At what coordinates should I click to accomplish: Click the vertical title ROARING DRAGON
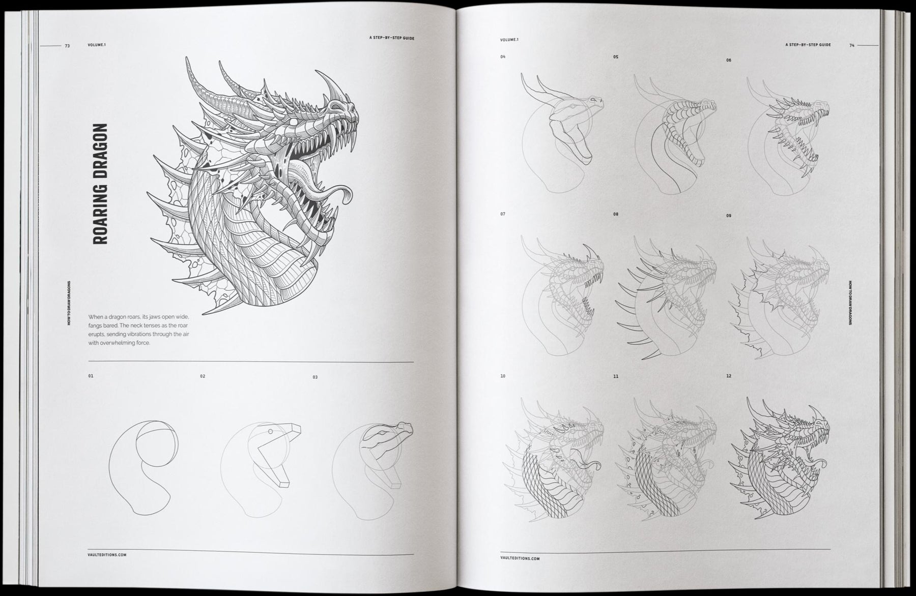tap(101, 184)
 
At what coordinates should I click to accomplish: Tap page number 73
tap(67, 45)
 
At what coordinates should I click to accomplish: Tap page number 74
tap(851, 45)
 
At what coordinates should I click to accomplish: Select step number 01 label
tap(91, 376)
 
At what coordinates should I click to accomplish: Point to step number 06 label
tap(729, 60)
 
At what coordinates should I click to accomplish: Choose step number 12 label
tap(729, 376)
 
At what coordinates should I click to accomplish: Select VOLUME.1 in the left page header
tap(96, 45)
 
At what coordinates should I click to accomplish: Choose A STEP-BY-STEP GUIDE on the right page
tap(808, 45)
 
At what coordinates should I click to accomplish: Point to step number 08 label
tap(616, 215)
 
